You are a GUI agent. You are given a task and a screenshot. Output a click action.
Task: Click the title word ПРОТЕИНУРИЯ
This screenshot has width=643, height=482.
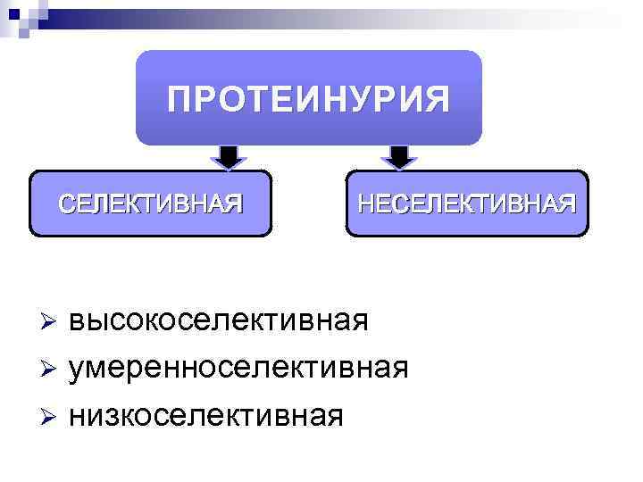pyautogui.click(x=308, y=98)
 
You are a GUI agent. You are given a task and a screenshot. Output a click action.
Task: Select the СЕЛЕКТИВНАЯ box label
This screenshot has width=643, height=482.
pyautogui.click(x=150, y=204)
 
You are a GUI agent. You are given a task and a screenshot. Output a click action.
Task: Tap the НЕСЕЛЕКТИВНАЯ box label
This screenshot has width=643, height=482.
pyautogui.click(x=467, y=204)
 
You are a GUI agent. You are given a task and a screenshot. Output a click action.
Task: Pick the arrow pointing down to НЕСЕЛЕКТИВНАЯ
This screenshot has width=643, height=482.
pyautogui.click(x=399, y=156)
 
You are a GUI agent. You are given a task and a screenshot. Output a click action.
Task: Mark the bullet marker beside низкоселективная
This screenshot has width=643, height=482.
pyautogui.click(x=50, y=414)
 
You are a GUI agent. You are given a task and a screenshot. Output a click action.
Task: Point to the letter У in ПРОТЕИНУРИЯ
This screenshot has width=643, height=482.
pyautogui.click(x=356, y=98)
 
